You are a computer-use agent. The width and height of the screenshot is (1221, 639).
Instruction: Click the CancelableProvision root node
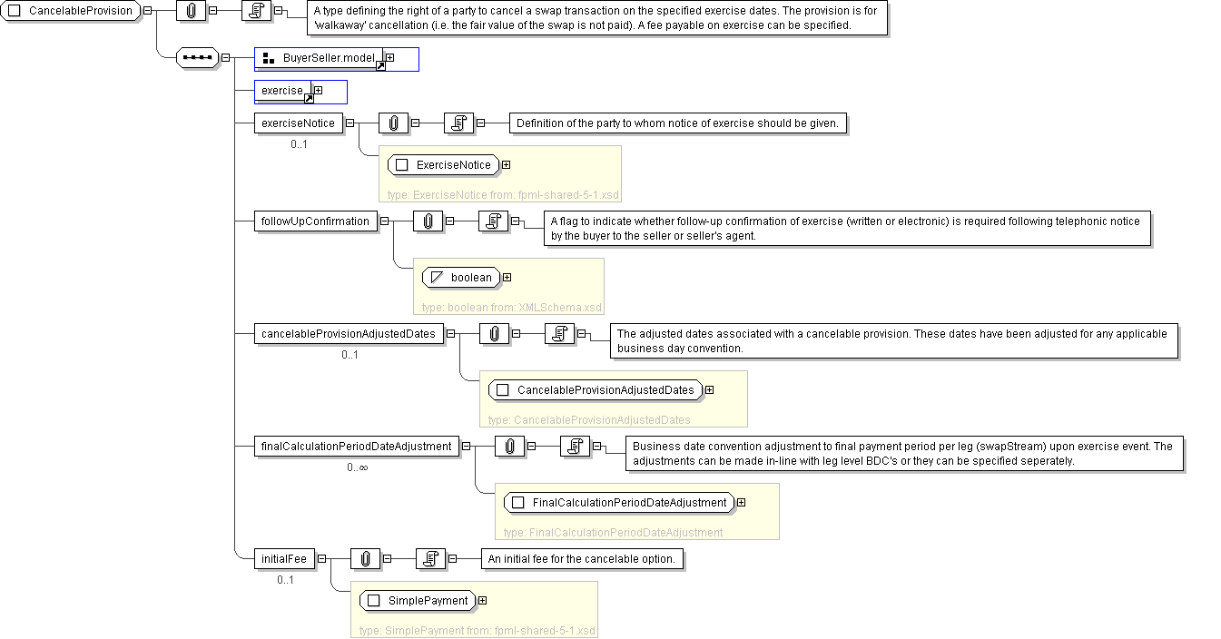tap(73, 11)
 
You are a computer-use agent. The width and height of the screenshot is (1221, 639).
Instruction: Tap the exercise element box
tap(282, 91)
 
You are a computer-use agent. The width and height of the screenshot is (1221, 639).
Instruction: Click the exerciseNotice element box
tap(299, 123)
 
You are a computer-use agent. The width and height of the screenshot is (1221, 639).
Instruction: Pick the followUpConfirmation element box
tap(315, 221)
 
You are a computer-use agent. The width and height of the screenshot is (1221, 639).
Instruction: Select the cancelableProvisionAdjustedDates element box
tap(350, 334)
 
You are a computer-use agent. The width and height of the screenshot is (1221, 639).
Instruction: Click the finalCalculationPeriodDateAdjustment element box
tap(356, 446)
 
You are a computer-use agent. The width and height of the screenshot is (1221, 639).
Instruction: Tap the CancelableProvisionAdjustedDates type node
tap(596, 390)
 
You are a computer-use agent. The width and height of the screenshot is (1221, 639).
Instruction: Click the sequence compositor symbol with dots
tap(197, 58)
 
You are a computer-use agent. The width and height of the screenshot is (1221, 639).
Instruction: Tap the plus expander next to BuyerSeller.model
tap(390, 58)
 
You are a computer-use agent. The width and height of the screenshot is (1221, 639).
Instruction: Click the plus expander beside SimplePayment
tap(482, 600)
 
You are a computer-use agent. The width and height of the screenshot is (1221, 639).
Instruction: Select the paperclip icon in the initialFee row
tap(365, 559)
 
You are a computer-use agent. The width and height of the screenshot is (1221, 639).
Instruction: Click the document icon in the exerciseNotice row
tap(458, 123)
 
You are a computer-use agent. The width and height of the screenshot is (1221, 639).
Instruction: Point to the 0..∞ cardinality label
tap(357, 467)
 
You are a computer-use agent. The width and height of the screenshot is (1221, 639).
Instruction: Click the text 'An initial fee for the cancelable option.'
tap(581, 559)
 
